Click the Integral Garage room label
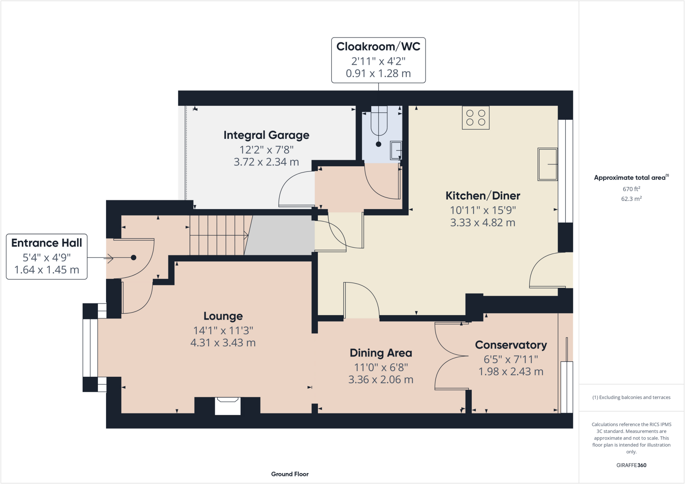coord(266,135)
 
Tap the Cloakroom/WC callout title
coord(378,46)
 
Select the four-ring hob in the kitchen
coord(476,118)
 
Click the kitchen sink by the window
coord(547,164)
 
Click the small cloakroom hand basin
coord(396,150)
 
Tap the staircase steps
coord(217,235)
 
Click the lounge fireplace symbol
coord(227,406)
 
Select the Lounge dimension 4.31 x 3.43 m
coord(223,343)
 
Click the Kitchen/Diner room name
coord(483,196)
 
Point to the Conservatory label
coord(511,345)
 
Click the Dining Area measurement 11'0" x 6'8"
coord(381,368)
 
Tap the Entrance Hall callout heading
coord(47,243)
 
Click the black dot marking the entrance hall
coord(133,258)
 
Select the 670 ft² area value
coord(631,189)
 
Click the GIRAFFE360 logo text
coord(631,465)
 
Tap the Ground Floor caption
coord(290,474)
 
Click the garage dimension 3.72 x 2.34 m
coord(266,162)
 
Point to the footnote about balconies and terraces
coord(631,397)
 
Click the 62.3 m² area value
coord(631,199)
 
